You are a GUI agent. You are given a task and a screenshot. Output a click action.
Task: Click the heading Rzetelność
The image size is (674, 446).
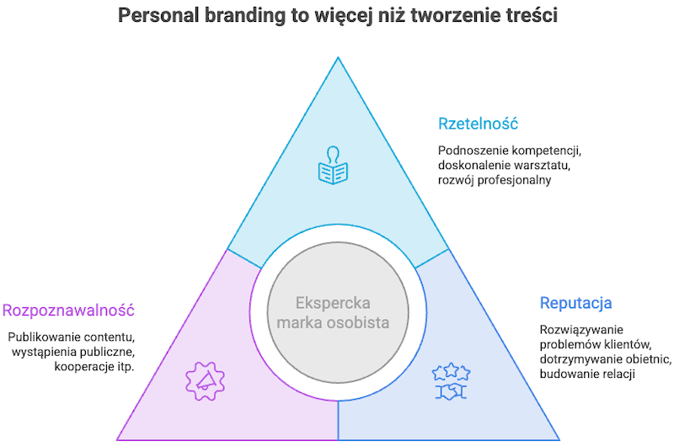coord(478,124)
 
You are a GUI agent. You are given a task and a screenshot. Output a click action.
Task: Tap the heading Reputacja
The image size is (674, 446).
coord(575,303)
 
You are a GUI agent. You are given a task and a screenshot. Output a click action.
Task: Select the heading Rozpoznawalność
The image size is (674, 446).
coord(68,310)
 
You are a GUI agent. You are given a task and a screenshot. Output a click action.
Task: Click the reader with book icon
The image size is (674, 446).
coord(333,165)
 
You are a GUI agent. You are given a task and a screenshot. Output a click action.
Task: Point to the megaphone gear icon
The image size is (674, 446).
coord(205,381)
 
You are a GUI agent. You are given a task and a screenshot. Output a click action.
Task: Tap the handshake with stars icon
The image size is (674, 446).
coord(451,381)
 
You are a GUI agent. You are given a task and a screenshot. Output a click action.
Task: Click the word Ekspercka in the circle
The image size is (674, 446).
coord(333,303)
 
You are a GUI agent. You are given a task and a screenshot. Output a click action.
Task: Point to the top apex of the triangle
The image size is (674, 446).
coord(338,57)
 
